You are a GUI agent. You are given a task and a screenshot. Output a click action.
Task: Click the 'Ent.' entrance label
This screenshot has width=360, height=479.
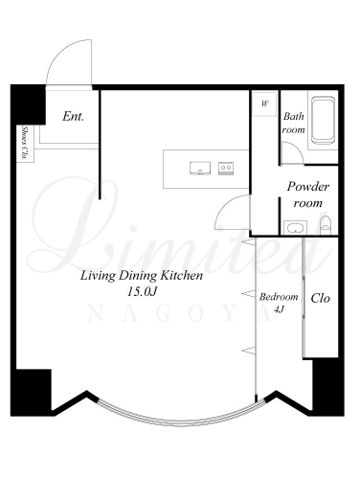[73, 116]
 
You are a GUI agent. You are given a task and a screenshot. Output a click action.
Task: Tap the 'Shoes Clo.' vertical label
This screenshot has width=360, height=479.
[24, 143]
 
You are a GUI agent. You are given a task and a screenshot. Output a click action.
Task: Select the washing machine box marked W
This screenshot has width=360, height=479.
[264, 103]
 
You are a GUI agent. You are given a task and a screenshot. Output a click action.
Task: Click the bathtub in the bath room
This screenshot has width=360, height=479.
[324, 120]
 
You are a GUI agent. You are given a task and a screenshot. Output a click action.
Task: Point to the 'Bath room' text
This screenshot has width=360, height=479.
[294, 123]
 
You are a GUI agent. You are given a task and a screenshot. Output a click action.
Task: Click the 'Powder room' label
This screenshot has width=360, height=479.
[308, 194]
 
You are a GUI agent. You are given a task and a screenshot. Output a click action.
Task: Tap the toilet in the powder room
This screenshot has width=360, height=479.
[325, 225]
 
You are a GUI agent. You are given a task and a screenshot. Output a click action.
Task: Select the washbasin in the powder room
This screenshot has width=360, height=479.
[295, 228]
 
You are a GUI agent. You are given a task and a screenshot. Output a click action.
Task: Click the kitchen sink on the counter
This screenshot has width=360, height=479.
[200, 168]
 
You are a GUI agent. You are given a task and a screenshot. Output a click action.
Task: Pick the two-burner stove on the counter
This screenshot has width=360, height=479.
[226, 169]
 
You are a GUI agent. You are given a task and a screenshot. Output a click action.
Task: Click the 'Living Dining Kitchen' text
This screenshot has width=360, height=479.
[142, 276]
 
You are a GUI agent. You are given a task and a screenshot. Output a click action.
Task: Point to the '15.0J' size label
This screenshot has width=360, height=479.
[142, 291]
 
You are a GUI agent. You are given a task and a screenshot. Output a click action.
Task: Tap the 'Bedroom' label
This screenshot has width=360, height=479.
[279, 297]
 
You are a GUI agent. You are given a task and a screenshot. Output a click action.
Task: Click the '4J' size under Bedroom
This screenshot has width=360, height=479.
[279, 309]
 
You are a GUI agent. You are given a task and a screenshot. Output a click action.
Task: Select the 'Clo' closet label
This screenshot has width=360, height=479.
[320, 298]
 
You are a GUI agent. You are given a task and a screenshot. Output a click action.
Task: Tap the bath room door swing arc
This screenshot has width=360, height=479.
[298, 148]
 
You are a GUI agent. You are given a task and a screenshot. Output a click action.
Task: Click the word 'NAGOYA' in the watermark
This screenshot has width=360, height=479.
[180, 313]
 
